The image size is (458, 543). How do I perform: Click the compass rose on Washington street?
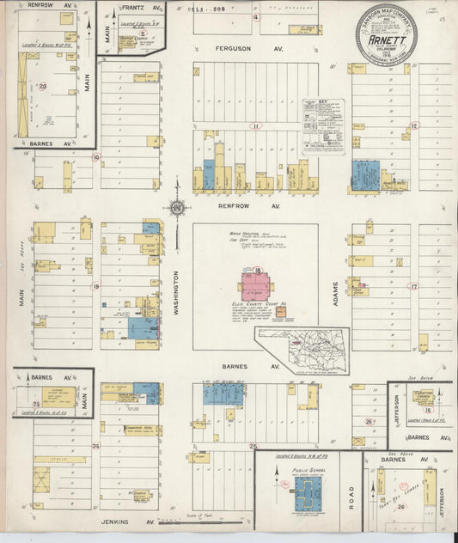[x=175, y=207]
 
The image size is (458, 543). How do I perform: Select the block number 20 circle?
[x=43, y=86]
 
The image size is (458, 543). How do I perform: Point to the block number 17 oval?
[x=414, y=286]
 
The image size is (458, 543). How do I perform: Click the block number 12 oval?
[x=414, y=125]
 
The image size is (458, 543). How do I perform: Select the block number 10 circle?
[x=96, y=157]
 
